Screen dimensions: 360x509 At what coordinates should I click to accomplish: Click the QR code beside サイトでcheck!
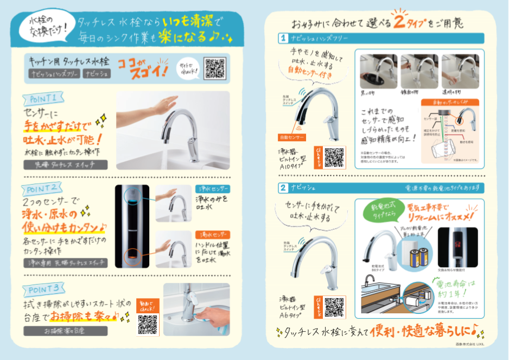(214, 68)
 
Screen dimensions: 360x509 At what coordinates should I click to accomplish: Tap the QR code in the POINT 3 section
(147, 324)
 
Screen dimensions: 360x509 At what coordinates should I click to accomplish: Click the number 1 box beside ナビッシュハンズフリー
(283, 39)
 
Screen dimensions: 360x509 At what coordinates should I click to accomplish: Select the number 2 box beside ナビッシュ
(283, 188)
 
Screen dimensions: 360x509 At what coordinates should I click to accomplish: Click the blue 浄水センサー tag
(212, 189)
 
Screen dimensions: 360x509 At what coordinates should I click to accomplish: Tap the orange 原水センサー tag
(212, 235)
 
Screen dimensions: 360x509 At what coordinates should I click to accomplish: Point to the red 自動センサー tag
(292, 137)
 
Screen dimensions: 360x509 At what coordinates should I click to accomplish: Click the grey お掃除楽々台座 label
(65, 331)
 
